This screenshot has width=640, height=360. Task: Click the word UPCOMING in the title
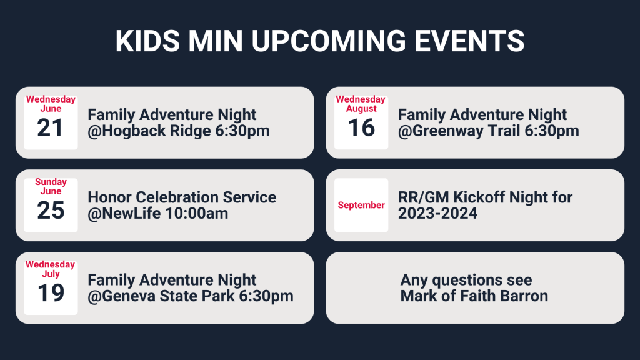(x=329, y=41)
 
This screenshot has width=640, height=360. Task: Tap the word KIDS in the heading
(x=147, y=41)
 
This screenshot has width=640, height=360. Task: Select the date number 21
(x=50, y=127)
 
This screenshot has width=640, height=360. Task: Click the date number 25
(x=51, y=211)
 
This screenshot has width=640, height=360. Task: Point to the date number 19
(x=51, y=293)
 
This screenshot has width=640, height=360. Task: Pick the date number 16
(x=361, y=127)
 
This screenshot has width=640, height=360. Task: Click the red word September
(x=361, y=205)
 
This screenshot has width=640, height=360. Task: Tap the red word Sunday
(x=51, y=182)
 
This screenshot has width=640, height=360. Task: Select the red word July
(x=51, y=274)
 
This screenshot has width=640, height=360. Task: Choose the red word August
(x=361, y=109)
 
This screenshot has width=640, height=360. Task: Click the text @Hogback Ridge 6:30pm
(x=179, y=131)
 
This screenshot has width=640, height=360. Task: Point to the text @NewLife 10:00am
(x=158, y=214)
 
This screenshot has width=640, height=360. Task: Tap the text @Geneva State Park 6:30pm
(x=191, y=296)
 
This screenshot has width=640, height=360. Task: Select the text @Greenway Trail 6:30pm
(x=489, y=131)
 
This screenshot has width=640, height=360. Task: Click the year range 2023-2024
(x=437, y=214)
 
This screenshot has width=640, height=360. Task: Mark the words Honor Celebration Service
(x=182, y=197)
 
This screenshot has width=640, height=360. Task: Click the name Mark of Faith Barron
(x=474, y=296)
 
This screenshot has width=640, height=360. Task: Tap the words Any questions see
(x=466, y=281)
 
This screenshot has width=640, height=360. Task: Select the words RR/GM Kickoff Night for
(x=485, y=197)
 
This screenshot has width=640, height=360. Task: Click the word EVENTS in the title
(x=469, y=41)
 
